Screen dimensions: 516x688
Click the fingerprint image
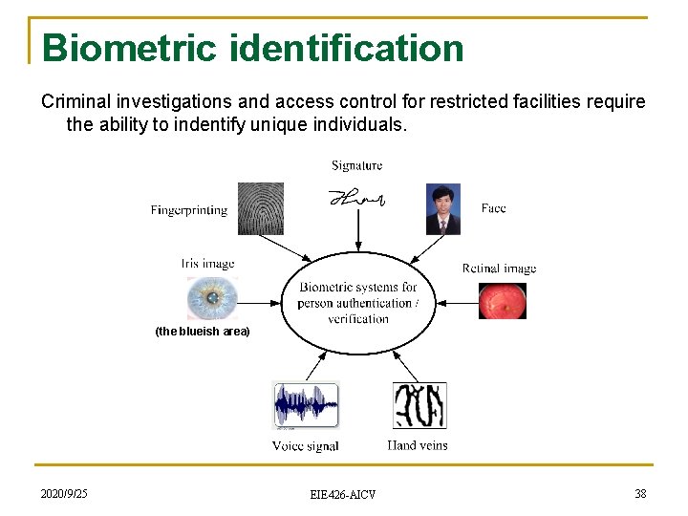coord(260,208)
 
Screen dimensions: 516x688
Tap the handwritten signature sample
coord(357,198)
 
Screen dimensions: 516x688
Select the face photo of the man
coord(443,209)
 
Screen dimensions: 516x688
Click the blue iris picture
coord(212,299)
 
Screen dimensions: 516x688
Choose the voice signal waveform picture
coord(306,406)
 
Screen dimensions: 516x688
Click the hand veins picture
coord(419,405)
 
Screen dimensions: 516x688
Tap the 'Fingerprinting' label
coord(189,209)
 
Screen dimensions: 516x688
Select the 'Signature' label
coord(356,165)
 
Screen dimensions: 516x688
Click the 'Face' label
coord(493,207)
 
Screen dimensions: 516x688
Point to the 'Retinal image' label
coord(499,269)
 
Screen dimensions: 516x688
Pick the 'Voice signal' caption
coord(305,446)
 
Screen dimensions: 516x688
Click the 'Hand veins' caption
coord(418,445)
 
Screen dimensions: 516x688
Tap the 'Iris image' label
coord(207,263)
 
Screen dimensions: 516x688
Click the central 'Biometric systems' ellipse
coord(357,302)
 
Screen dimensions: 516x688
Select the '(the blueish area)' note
coord(203,332)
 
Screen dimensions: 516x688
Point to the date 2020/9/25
coord(64,494)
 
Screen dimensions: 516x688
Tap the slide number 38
coord(640,494)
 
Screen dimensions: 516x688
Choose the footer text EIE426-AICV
coord(343,495)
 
